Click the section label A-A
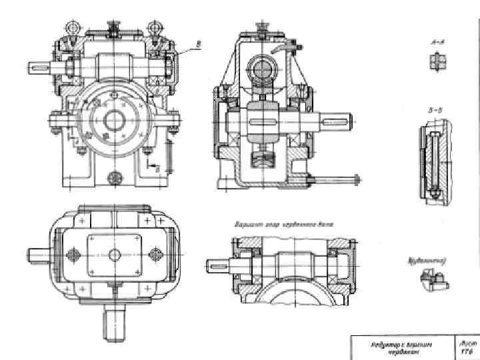point(437,43)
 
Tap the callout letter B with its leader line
point(197,45)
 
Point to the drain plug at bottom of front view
point(115,177)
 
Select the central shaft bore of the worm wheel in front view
point(114,121)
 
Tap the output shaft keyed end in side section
point(337,123)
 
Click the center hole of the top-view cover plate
point(114,254)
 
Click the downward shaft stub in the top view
point(114,324)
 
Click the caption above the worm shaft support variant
point(283,225)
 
